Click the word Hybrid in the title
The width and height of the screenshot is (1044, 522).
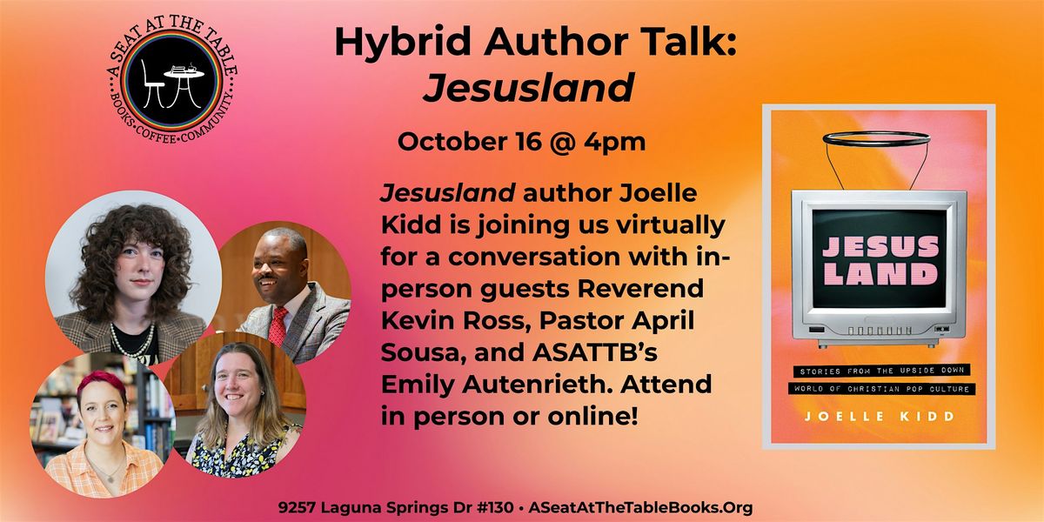(403, 43)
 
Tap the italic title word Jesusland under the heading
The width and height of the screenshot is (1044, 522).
(529, 87)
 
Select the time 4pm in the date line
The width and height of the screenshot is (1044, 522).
(615, 142)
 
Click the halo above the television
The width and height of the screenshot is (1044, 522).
(876, 138)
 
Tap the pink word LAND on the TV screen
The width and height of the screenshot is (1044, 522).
(880, 273)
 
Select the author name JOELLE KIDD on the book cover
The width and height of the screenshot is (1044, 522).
(880, 416)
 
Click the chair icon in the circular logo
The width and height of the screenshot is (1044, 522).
(151, 86)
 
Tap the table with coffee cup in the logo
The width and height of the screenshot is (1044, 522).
(184, 84)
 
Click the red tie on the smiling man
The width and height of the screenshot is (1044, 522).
(278, 326)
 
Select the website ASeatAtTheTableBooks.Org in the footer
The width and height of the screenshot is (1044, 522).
(640, 508)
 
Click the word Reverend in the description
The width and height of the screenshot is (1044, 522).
(640, 289)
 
